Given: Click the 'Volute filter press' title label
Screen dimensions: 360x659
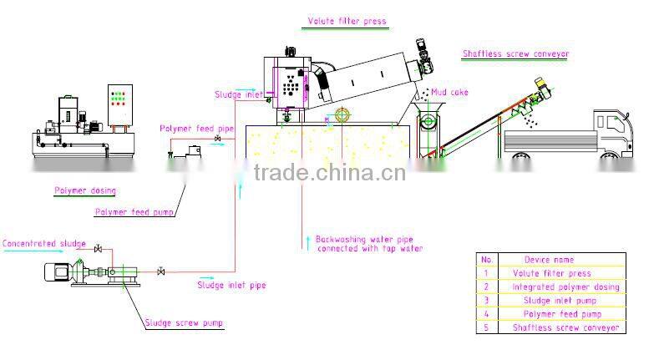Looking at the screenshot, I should pyautogui.click(x=347, y=22).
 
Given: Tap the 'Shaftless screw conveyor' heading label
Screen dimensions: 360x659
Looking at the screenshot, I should pyautogui.click(x=515, y=54).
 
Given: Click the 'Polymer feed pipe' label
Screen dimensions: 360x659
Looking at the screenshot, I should pyautogui.click(x=196, y=128).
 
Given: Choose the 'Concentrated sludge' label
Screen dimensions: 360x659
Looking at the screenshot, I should pyautogui.click(x=43, y=244).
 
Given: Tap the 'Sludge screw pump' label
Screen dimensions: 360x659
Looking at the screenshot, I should pyautogui.click(x=184, y=322).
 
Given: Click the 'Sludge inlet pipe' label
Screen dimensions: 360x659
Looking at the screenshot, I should pyautogui.click(x=231, y=285).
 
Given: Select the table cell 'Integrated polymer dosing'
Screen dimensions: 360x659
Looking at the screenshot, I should pyautogui.click(x=565, y=286).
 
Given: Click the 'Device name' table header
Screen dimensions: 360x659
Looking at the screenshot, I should pyautogui.click(x=549, y=260).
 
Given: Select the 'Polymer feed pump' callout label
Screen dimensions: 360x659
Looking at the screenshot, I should pyautogui.click(x=134, y=212).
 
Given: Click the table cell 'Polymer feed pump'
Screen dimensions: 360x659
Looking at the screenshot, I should pyautogui.click(x=558, y=314).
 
